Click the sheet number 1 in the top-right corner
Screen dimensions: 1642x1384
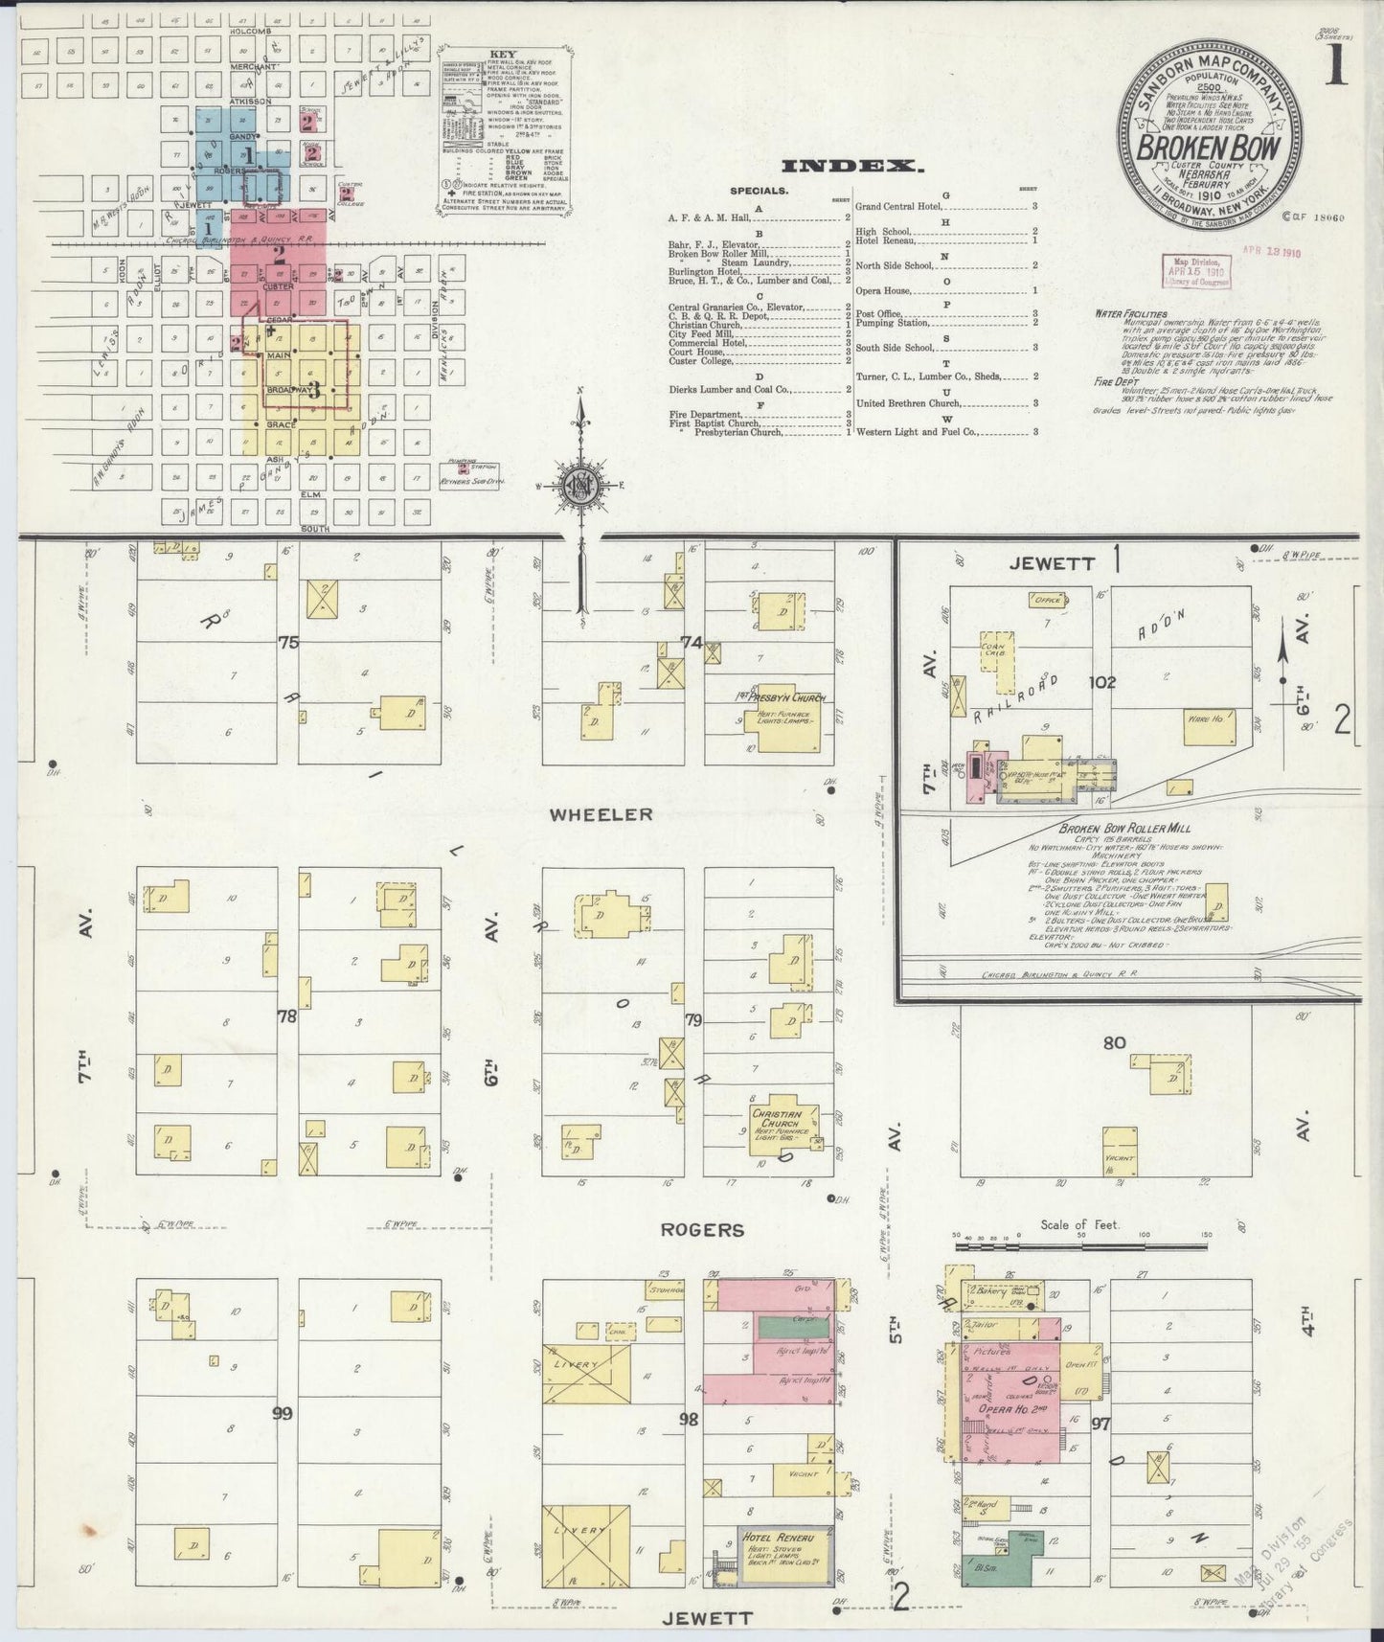pos(1337,68)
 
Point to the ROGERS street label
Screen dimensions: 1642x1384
pos(702,1230)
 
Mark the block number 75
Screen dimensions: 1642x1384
pos(287,643)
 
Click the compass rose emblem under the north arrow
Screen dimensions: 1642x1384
pos(580,487)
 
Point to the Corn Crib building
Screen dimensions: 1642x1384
pos(994,661)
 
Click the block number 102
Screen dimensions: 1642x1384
pos(1103,682)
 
